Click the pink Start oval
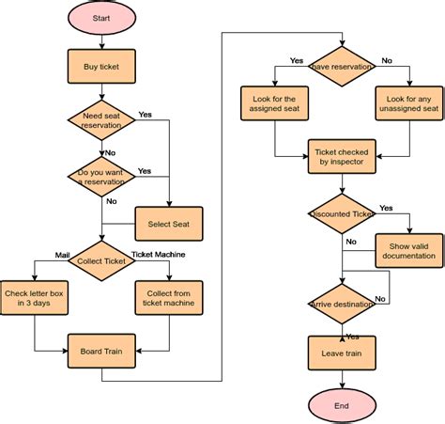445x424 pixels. pos(100,19)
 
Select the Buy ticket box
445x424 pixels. pos(100,67)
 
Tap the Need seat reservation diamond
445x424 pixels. pos(100,119)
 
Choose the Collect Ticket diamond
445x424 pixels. pos(100,260)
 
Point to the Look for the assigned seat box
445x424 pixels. pos(274,104)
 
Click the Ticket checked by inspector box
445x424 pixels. pos(342,157)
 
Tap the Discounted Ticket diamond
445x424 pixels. pos(342,214)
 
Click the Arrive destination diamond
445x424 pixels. pos(342,305)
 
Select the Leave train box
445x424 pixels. pos(342,353)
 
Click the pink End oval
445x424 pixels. pos(342,405)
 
